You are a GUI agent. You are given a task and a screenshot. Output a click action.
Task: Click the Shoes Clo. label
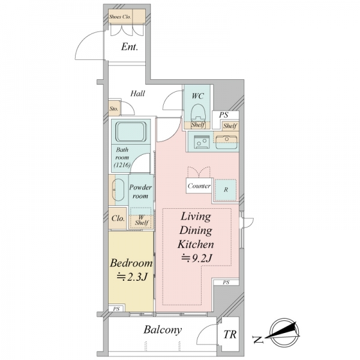coord(120,17)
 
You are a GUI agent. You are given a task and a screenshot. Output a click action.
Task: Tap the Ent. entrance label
coord(130,47)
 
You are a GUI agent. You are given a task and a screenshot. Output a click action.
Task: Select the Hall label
coord(138,94)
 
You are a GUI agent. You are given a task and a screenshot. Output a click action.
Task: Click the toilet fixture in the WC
coord(198,112)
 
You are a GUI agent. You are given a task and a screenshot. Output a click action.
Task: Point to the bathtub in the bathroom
coord(131,131)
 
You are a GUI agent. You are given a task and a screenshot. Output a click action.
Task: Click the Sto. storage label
coord(114,109)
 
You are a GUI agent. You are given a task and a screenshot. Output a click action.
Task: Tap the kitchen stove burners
coord(202,141)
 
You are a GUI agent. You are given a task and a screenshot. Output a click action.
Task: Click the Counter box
coord(199,186)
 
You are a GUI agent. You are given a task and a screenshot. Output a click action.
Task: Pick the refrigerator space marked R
coord(226,190)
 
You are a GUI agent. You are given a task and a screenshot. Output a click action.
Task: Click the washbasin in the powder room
coord(118,190)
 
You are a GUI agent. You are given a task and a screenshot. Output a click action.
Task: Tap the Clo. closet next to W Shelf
coord(118,218)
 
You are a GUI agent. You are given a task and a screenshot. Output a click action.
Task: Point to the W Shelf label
coord(142,220)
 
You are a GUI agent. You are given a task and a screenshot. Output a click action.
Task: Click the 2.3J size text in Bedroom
coord(131,277)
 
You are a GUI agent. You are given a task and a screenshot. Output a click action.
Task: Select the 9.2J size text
coord(196,258)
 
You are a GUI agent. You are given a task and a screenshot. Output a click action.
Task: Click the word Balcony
coord(163,330)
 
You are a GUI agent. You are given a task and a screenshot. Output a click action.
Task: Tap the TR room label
coord(230,334)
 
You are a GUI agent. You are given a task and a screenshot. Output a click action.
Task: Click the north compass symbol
coord(284,332)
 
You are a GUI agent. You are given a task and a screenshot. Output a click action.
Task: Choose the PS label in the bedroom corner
coord(116,309)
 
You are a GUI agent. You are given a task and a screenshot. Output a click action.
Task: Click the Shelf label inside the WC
coord(198,125)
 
